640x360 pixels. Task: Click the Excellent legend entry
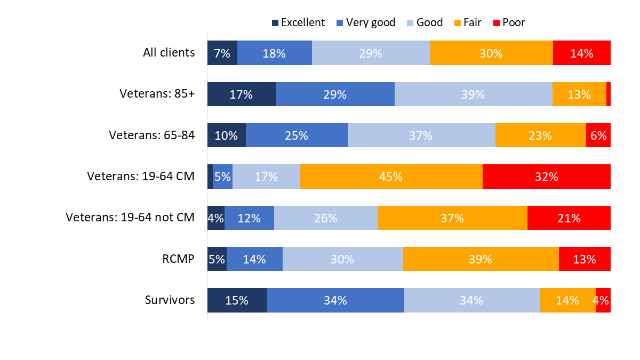(298, 22)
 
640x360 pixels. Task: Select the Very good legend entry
(366, 22)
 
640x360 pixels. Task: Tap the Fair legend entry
(467, 22)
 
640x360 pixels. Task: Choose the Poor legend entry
(509, 22)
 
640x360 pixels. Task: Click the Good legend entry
(424, 22)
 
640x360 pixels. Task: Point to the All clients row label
(169, 53)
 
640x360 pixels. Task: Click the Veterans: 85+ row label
(157, 94)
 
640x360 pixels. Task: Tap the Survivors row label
(170, 300)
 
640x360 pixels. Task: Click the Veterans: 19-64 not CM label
(130, 218)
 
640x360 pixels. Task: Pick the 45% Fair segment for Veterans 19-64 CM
(391, 177)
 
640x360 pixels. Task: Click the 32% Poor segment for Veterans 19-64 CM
(546, 177)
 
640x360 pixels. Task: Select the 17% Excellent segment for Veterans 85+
(241, 94)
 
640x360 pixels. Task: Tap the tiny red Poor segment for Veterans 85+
(609, 94)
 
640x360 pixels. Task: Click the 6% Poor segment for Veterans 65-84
(598, 135)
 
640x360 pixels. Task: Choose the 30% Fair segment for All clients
(491, 53)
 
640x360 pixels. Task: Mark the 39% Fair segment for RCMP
(481, 259)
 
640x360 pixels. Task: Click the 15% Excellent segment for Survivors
(237, 300)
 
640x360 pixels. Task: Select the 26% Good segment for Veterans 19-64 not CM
(325, 218)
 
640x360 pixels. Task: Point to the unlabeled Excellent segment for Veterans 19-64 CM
(210, 177)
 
